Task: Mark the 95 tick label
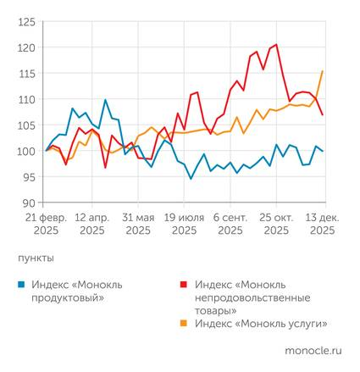pos(27,177)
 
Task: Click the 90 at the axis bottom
pos(27,203)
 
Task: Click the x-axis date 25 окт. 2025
pos(276,223)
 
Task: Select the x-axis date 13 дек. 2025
pos(322,223)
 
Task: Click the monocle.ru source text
pos(313,348)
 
